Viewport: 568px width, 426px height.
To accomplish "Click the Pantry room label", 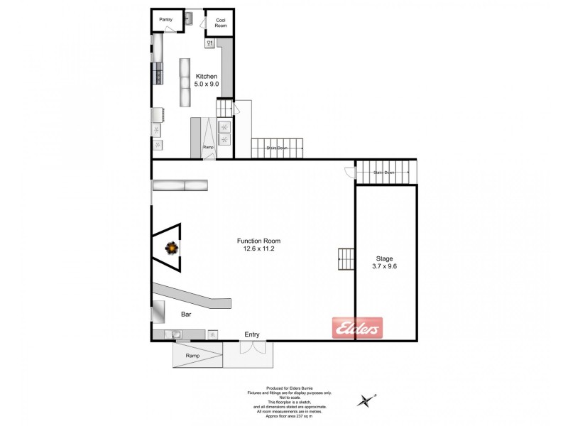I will click(166, 20).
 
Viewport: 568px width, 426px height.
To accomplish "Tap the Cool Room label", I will click(220, 23).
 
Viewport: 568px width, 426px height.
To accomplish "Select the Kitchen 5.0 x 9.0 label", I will click(207, 80).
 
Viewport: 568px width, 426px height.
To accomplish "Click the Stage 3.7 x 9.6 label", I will click(385, 263).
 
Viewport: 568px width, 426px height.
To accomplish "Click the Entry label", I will click(252, 334).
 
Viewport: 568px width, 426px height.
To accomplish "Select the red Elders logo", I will click(358, 329).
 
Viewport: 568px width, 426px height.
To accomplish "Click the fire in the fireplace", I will click(172, 248).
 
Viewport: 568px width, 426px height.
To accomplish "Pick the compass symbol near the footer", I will click(367, 401).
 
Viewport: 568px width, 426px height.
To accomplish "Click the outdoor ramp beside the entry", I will click(192, 355).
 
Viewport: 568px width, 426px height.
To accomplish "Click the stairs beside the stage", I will click(346, 259).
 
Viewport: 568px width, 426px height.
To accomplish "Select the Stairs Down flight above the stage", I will click(384, 172).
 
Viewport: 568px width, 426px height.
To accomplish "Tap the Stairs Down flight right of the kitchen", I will click(277, 148).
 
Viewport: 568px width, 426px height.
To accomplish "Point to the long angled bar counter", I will click(195, 297).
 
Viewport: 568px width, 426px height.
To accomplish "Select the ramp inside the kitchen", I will click(209, 138).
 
